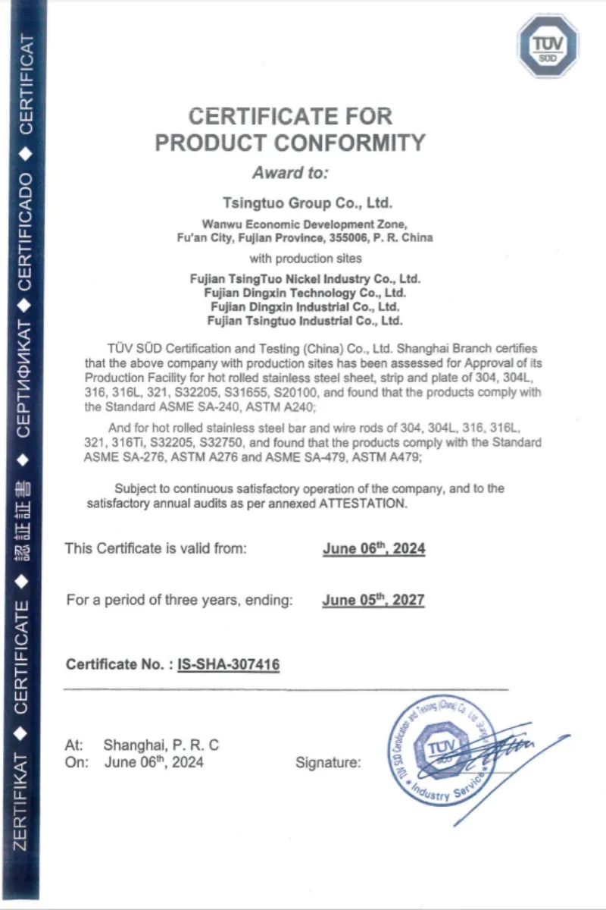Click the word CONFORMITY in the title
(349, 142)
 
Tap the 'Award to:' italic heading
(290, 172)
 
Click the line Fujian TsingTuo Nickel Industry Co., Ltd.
(305, 279)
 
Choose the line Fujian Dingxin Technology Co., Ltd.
(305, 293)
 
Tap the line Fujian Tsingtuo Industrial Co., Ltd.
(305, 321)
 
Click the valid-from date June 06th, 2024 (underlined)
(373, 548)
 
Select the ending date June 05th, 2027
(373, 601)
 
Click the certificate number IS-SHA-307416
(229, 665)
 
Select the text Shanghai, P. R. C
(161, 745)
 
